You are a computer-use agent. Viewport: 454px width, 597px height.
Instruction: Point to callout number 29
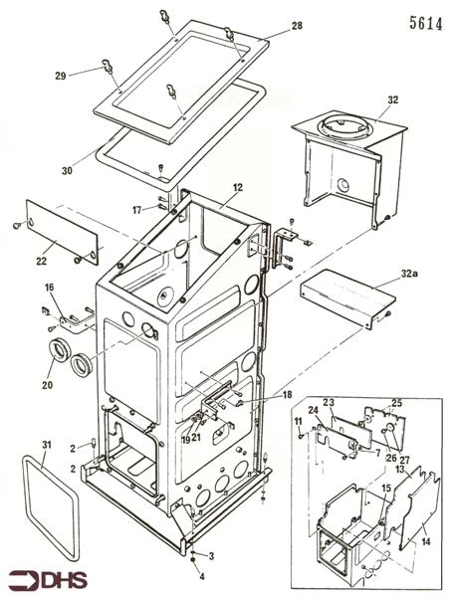(x=60, y=77)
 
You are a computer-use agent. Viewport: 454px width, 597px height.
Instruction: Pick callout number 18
(x=288, y=395)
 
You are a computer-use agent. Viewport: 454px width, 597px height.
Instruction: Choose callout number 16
(x=47, y=287)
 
